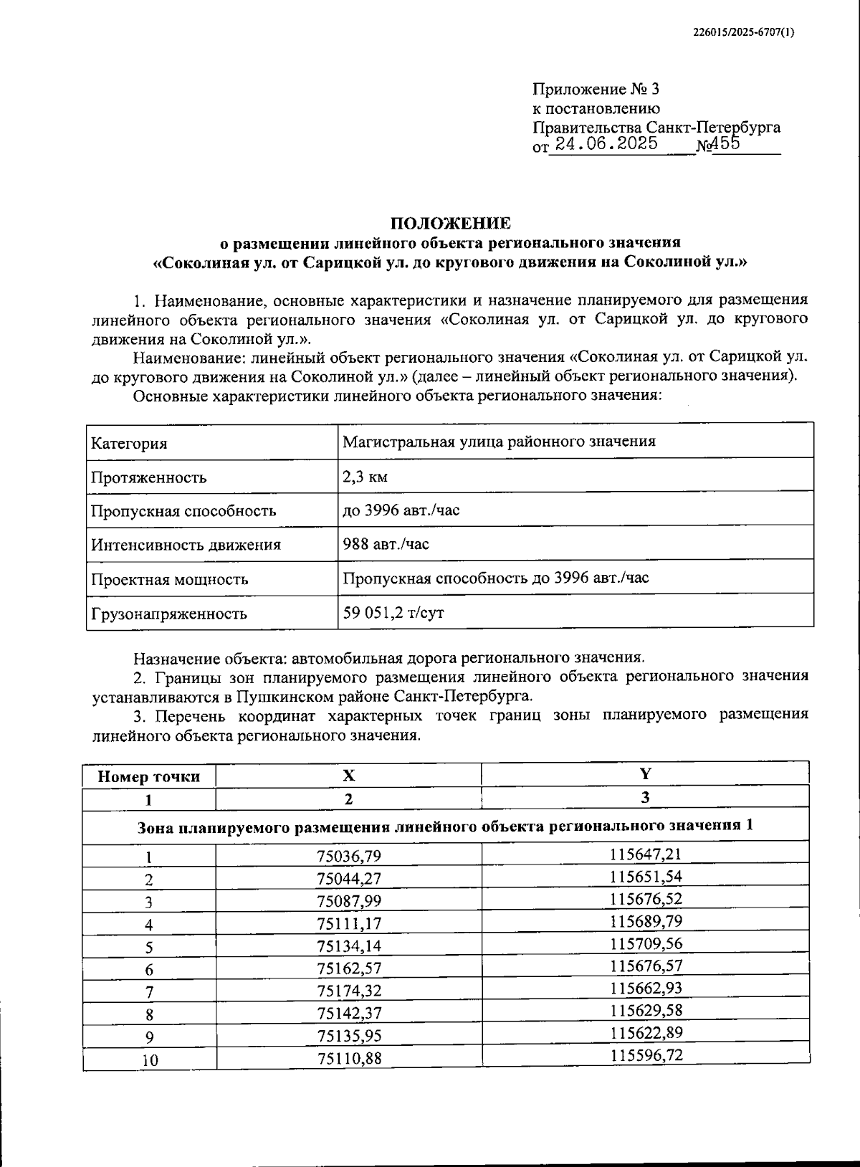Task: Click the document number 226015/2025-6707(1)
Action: coord(744,32)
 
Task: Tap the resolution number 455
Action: coord(725,143)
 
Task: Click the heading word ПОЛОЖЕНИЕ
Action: coord(450,223)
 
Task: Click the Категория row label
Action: coord(129,443)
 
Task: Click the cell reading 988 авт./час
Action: coord(386,544)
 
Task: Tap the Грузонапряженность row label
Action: coord(168,614)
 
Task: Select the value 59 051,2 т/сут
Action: coord(393,613)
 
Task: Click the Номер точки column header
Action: coord(148,776)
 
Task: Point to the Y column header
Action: coord(645,773)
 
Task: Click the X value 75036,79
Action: coord(348,856)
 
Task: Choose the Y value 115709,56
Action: coord(646,943)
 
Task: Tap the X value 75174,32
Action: coord(348,991)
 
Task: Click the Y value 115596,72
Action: coord(646,1054)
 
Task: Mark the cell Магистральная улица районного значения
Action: coord(498,442)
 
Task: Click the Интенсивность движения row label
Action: coord(185,545)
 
